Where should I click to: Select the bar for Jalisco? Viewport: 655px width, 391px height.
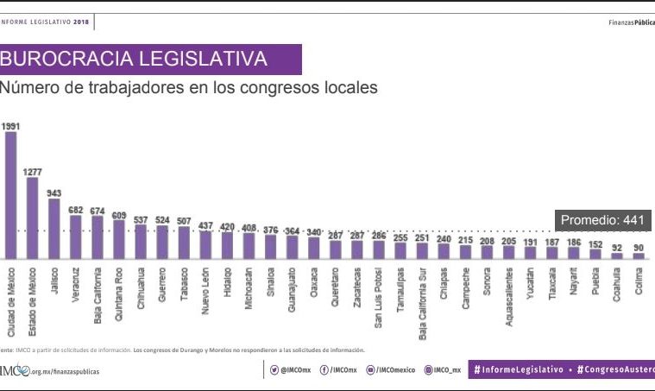[x=54, y=230]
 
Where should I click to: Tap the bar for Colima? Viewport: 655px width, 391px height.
[x=639, y=255]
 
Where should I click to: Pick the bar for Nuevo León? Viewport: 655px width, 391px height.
[x=205, y=245]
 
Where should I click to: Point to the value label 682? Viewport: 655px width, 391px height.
[x=76, y=209]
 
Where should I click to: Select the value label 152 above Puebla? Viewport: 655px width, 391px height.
[x=595, y=243]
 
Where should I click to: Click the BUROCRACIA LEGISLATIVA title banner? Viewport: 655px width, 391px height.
[x=151, y=60]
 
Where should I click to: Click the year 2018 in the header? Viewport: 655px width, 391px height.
[x=79, y=22]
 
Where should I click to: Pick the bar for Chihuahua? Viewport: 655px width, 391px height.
[x=141, y=241]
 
